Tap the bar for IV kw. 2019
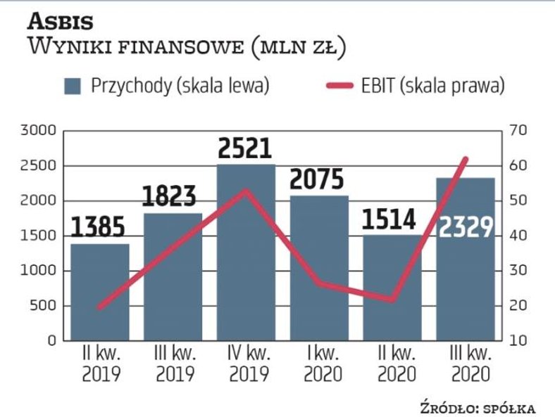click(x=245, y=253)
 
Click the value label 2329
click(x=465, y=226)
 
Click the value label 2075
click(x=318, y=179)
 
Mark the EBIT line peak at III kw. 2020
click(x=466, y=159)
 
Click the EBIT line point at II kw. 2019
click(x=99, y=307)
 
